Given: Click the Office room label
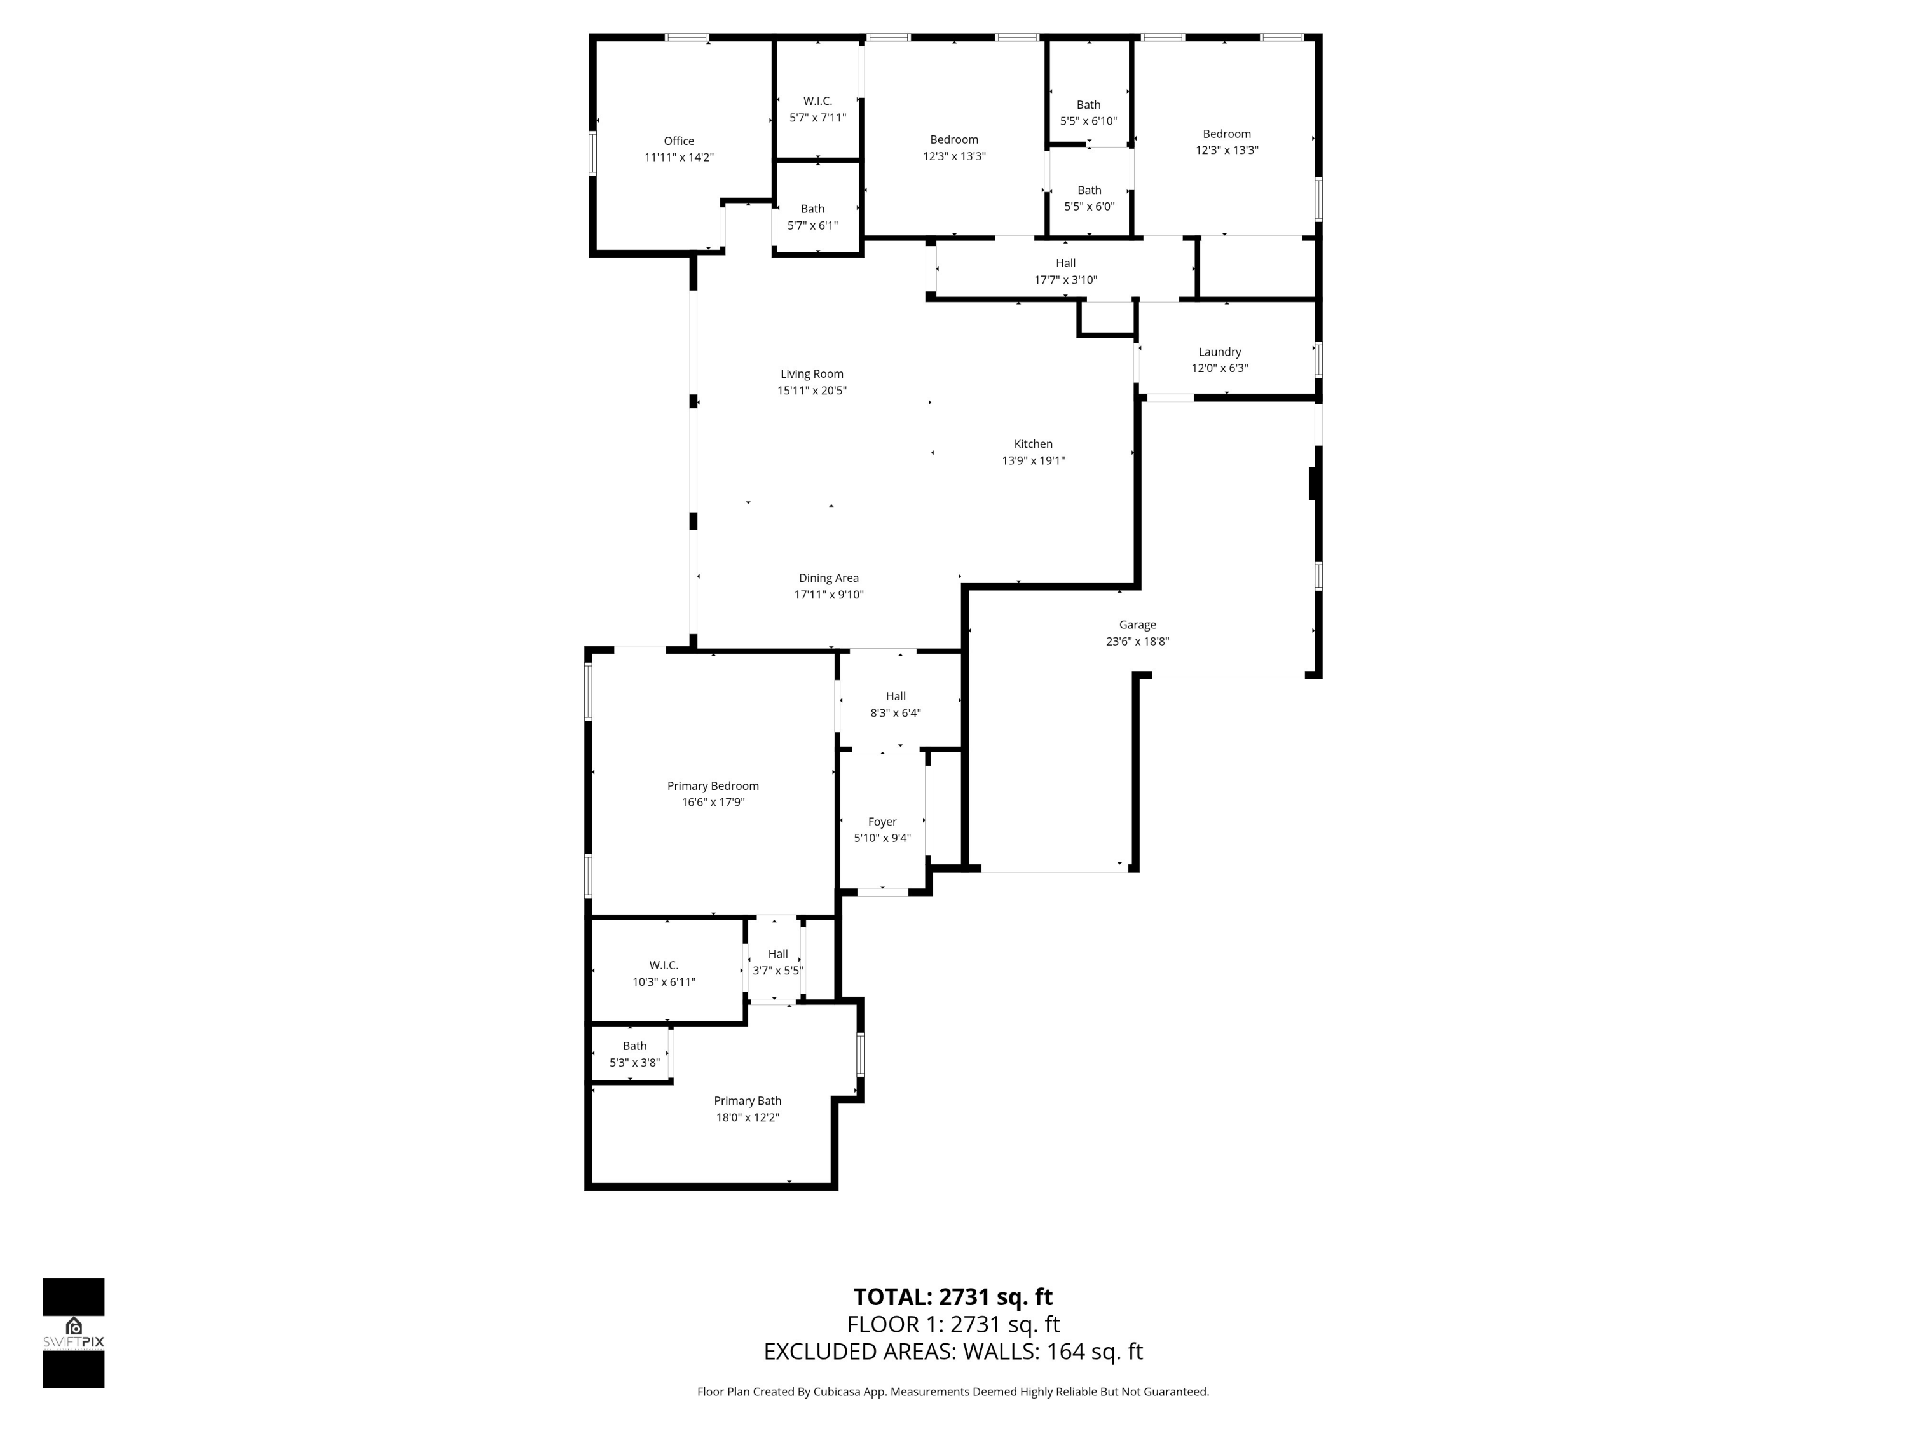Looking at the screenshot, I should click(x=678, y=141).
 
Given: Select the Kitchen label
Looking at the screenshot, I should click(x=1033, y=444).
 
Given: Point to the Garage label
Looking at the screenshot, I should click(x=1137, y=625).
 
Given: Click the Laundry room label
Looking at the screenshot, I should click(x=1219, y=352).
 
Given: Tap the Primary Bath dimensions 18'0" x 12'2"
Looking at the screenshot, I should click(x=747, y=1117).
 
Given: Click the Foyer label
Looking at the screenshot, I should click(x=882, y=822).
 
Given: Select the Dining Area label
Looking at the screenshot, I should click(x=828, y=578).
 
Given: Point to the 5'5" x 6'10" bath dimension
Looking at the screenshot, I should click(x=1088, y=121).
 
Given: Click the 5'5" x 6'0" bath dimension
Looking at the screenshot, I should click(x=1089, y=207).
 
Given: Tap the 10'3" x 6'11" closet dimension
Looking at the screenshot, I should click(x=663, y=981).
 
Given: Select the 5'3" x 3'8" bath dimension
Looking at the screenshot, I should click(x=634, y=1063).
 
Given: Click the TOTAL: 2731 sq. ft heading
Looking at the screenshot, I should click(x=953, y=1296).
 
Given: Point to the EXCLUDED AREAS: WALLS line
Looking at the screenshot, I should click(x=953, y=1351).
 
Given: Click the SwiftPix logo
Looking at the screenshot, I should click(x=73, y=1332).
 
